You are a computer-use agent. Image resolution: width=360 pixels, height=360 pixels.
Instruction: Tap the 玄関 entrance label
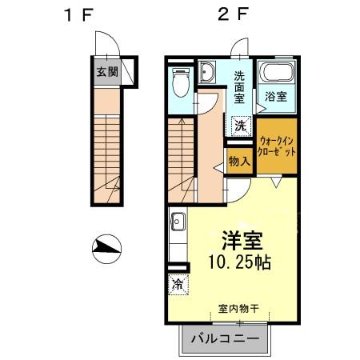[106, 72]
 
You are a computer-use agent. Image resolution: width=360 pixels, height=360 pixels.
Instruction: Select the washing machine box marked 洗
[240, 125]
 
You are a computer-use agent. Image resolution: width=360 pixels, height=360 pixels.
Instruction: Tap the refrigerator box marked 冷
[178, 283]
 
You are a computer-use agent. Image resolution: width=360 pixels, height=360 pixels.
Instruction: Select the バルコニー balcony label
[227, 339]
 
